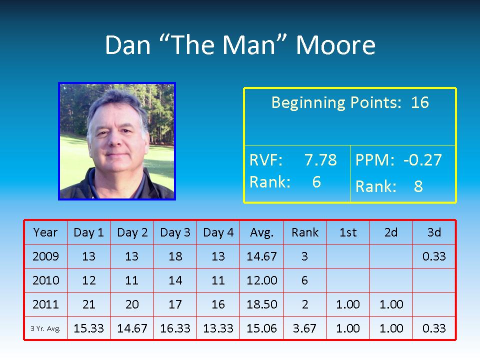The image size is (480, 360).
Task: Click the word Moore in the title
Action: point(335,45)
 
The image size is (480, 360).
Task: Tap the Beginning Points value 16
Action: point(419,102)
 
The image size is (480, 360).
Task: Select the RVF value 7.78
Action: point(320,160)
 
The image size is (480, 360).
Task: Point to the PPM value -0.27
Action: point(423,160)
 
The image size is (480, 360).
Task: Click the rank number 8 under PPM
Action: point(418,186)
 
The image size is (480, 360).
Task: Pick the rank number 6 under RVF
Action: point(316,182)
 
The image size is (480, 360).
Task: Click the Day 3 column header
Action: point(175,232)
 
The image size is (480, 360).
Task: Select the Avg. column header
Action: point(261,233)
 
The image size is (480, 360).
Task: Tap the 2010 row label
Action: point(46,280)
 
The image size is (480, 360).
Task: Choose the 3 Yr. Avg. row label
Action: point(45,329)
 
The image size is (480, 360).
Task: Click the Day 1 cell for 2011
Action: point(89,304)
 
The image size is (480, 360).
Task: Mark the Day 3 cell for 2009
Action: point(175,256)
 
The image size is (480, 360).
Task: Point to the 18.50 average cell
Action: point(262,304)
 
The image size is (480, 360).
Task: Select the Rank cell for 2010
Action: point(304,280)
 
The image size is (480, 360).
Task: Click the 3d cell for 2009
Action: point(434,256)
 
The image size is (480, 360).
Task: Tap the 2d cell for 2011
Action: point(391,304)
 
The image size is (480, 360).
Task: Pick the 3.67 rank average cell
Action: point(304,328)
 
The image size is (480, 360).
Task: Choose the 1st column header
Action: point(348,232)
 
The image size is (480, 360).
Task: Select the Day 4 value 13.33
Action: point(218,328)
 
